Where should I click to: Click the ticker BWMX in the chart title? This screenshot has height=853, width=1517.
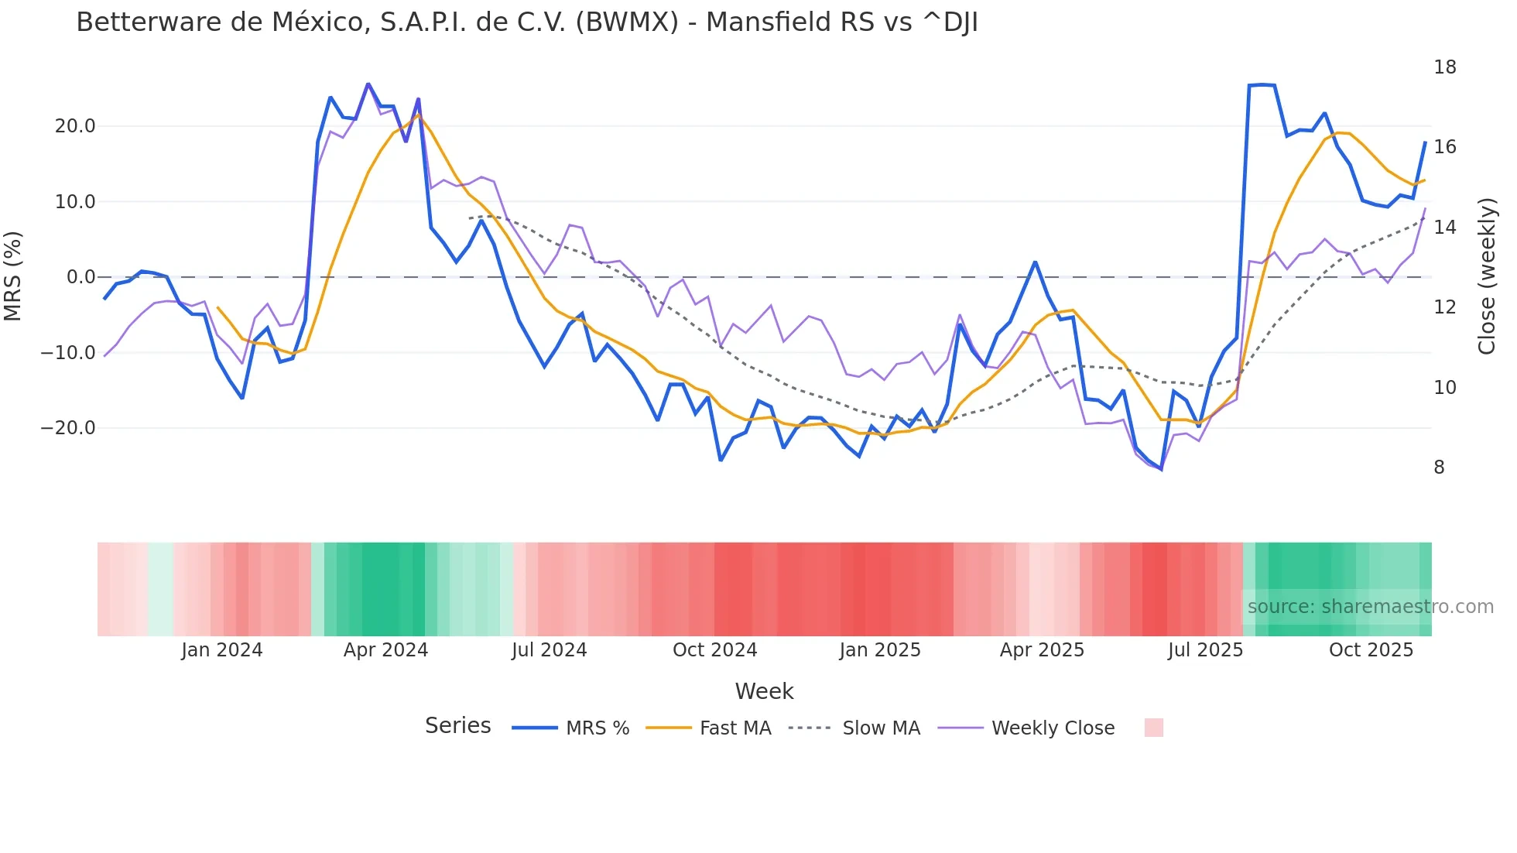point(627,22)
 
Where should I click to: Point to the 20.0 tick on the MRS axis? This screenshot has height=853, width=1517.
point(75,126)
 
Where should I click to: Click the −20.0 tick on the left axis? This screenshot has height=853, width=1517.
point(68,428)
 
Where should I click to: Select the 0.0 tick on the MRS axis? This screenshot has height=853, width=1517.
point(80,277)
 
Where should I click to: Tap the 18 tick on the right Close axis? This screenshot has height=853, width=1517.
point(1444,67)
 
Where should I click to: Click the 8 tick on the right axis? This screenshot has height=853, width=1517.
point(1439,468)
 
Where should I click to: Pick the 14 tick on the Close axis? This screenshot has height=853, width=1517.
point(1444,228)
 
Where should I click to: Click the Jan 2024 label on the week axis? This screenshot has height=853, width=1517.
point(222,650)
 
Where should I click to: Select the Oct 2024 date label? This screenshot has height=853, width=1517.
point(714,650)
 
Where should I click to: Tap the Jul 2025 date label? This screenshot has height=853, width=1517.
point(1205,650)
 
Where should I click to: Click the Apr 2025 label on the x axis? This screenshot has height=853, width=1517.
point(1042,650)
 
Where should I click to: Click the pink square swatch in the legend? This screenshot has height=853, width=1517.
point(1153,728)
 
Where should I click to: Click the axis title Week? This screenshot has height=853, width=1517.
point(764,691)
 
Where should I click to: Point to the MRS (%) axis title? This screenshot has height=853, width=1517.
point(13,276)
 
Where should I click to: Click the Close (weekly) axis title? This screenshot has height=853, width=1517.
point(1486,276)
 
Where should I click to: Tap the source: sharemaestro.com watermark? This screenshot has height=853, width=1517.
point(1370,607)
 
